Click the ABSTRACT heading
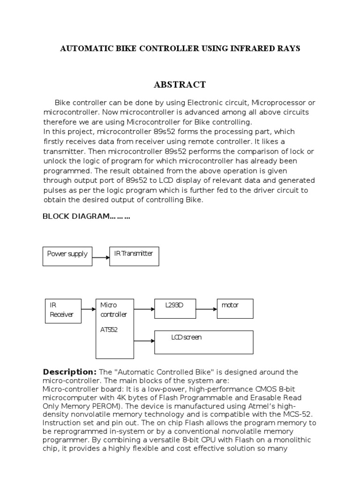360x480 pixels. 180,85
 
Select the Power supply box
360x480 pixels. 67,256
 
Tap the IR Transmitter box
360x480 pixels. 134,256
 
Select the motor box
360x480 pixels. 234,308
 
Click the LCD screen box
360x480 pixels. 203,342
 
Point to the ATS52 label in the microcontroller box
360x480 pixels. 109,330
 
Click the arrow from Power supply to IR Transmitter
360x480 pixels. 101,257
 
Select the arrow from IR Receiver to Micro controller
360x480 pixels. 88,309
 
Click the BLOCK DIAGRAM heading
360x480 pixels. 86,216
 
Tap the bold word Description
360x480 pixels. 69,372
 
